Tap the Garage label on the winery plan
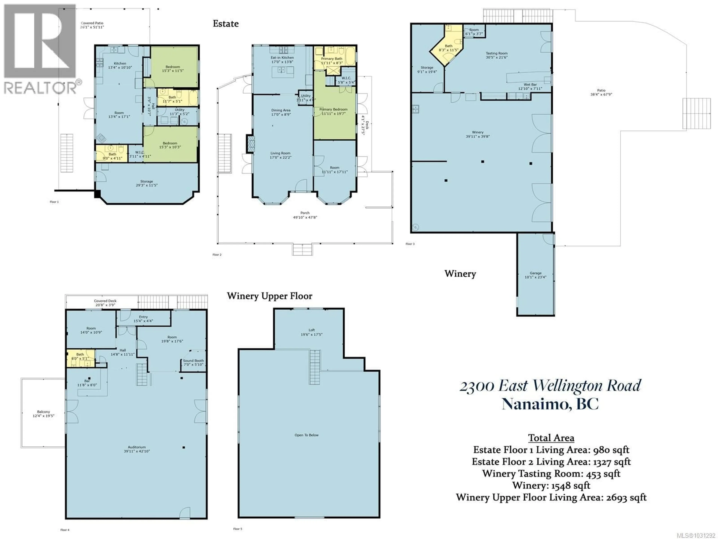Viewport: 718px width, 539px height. coord(535,275)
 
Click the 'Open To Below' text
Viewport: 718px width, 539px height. coord(306,435)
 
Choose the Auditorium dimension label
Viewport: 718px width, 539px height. coord(137,451)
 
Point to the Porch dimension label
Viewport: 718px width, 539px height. coord(305,217)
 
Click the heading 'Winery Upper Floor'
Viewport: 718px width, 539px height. coord(269,296)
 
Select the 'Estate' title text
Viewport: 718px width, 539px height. coord(226,23)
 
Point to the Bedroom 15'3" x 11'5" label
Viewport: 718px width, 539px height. coord(173,68)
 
